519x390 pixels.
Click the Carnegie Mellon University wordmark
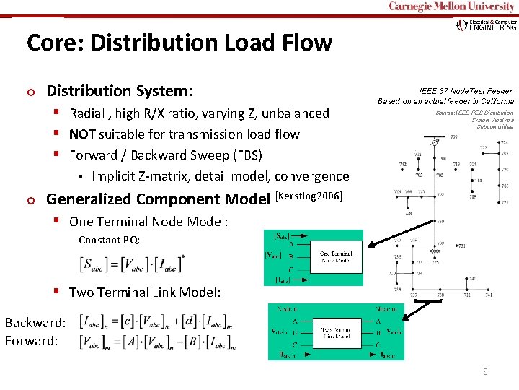click(x=452, y=6)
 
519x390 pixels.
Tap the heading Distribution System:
click(x=120, y=92)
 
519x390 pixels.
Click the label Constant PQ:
click(x=109, y=240)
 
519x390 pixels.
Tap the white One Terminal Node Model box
click(x=336, y=256)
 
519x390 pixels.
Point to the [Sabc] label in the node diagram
click(x=282, y=235)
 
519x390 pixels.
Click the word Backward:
click(x=35, y=322)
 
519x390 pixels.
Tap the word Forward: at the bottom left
click(x=32, y=340)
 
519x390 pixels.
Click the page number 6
click(x=485, y=371)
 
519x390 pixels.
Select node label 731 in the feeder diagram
click(x=461, y=246)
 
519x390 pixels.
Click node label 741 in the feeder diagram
click(x=489, y=295)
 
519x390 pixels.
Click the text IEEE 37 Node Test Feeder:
click(x=466, y=92)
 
